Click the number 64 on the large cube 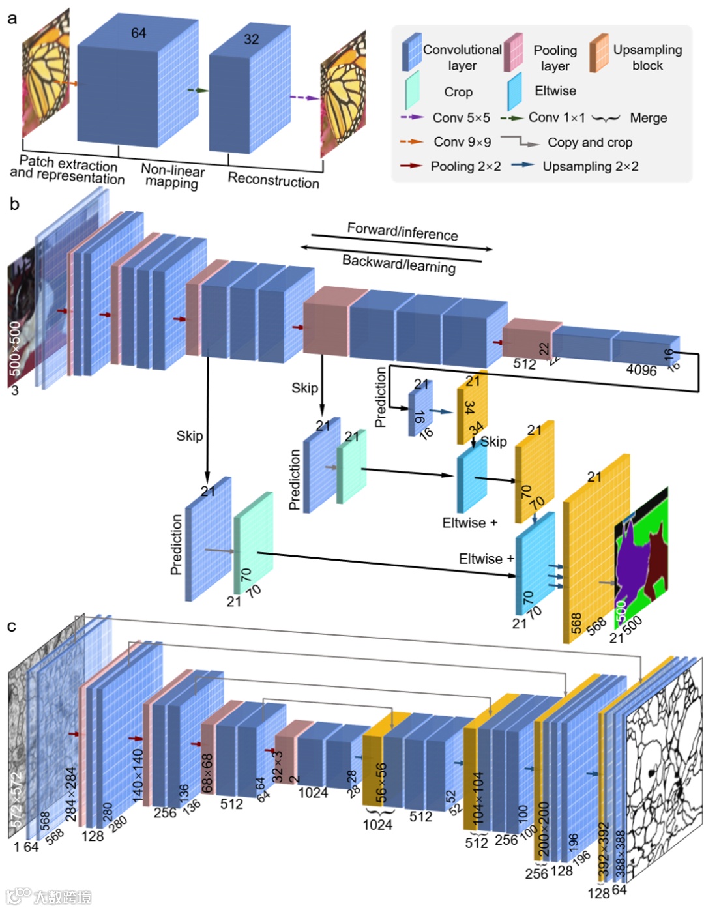(138, 33)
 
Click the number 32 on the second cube (252, 39)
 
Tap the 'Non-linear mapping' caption (173, 176)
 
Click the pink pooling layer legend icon (513, 52)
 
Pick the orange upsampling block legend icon (598, 52)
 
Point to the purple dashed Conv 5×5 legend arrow (412, 117)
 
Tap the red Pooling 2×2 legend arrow (411, 166)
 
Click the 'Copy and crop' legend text (589, 142)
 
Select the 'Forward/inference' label (402, 231)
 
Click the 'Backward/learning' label (399, 264)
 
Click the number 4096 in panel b (641, 370)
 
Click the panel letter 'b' (14, 205)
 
